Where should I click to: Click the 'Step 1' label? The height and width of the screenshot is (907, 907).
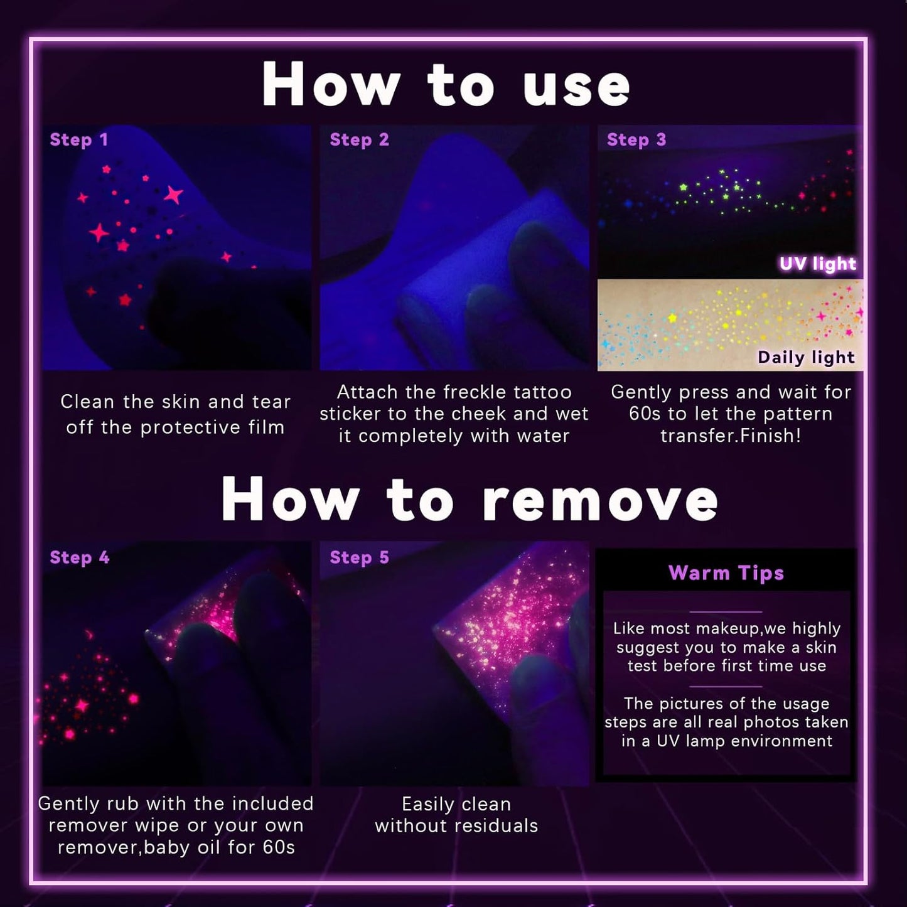[x=79, y=140]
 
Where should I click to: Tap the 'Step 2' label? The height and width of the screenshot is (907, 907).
[x=360, y=140]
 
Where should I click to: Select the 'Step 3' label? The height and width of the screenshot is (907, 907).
[x=636, y=140]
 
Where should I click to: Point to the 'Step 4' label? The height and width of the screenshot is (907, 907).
[x=80, y=558]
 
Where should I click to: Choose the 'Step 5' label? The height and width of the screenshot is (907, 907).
[x=360, y=558]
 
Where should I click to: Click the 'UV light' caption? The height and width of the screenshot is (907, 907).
[x=818, y=264]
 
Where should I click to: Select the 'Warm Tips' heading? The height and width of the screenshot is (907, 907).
[x=726, y=573]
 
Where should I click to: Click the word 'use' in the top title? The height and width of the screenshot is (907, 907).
[x=577, y=87]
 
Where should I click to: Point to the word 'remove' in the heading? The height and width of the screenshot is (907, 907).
[x=600, y=501]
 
